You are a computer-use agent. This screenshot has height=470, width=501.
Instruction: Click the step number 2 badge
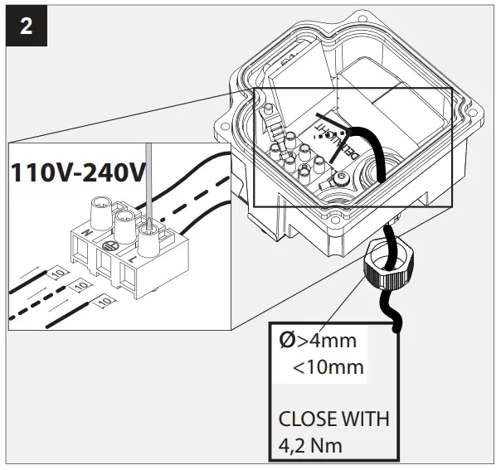point(27,26)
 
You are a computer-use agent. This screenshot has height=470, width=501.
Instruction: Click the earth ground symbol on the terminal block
point(108,246)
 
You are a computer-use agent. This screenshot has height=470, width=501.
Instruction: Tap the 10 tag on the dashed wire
point(80,285)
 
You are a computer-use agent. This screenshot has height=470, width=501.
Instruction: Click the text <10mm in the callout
point(328,366)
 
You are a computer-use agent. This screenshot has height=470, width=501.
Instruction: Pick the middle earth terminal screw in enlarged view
point(124,220)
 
